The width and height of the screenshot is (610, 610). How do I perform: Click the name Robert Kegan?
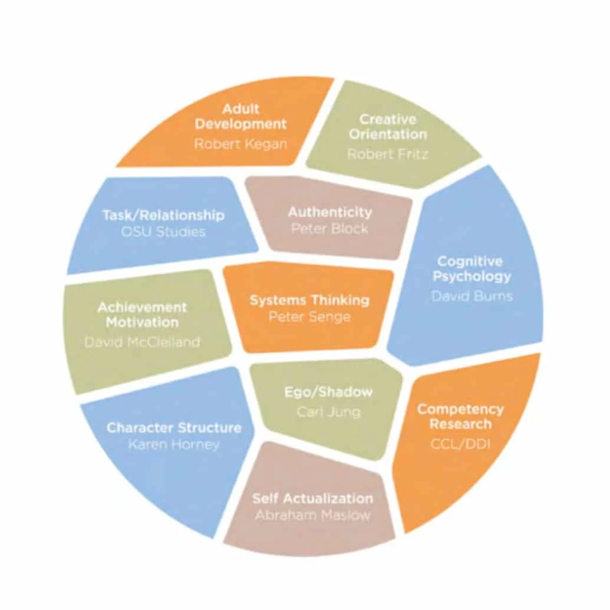(240, 143)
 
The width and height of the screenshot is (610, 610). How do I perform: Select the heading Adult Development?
(240, 116)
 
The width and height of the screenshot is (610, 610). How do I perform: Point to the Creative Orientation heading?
(387, 127)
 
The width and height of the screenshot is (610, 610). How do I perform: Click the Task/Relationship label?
(163, 215)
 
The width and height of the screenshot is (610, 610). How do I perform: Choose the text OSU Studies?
(163, 232)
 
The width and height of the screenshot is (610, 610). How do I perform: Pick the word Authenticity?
(329, 212)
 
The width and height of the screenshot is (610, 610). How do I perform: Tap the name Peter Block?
(329, 228)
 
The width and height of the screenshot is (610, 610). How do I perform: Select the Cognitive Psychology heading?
(471, 269)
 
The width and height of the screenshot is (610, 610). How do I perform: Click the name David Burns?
(471, 295)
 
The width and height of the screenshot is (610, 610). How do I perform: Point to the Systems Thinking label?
(309, 300)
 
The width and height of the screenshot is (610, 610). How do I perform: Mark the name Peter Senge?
(309, 316)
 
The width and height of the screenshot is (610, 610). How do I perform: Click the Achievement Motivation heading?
(141, 315)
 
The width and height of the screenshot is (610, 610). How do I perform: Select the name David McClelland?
(142, 342)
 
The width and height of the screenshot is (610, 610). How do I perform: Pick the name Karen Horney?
(173, 444)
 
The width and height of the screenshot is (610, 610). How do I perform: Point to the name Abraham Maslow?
(312, 515)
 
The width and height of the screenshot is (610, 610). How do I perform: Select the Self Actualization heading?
(312, 498)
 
